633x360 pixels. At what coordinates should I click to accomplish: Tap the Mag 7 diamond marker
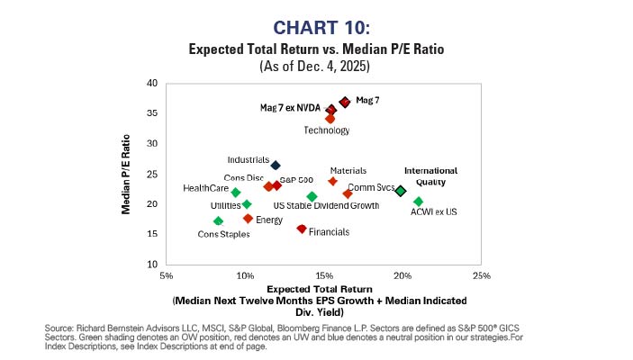(345, 102)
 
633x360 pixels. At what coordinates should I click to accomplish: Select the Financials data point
(302, 229)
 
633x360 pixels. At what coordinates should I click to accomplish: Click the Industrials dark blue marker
(276, 165)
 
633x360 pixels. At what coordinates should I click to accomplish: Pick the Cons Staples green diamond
(218, 220)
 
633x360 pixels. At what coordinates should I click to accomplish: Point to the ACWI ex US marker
(418, 202)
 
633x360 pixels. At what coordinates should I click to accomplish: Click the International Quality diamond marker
(401, 191)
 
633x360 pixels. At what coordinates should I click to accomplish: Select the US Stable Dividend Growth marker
(312, 196)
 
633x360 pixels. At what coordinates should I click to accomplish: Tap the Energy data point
(249, 218)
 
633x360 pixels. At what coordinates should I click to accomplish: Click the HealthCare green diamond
(236, 193)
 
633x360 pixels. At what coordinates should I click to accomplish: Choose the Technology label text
(326, 130)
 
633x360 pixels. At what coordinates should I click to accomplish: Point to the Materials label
(348, 170)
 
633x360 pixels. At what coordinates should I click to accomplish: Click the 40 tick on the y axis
(152, 84)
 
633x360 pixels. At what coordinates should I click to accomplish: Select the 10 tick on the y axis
(152, 265)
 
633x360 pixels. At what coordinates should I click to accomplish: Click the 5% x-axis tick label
(166, 275)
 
